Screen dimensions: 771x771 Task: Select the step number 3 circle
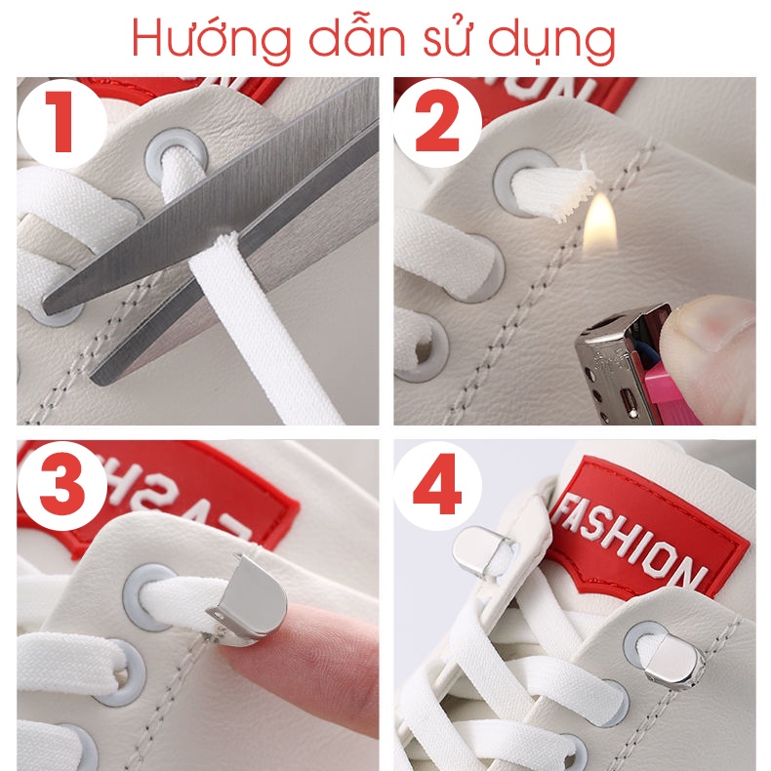tap(61, 484)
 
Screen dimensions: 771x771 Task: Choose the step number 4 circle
tap(437, 484)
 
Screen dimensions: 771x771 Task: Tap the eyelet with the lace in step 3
tap(148, 596)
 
